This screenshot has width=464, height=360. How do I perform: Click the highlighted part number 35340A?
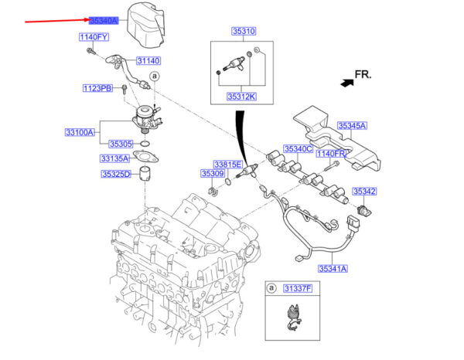click(x=104, y=21)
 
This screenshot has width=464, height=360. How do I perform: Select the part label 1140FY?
click(x=93, y=37)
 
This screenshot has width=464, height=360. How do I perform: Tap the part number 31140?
click(x=148, y=60)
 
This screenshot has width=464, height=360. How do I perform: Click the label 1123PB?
click(x=97, y=89)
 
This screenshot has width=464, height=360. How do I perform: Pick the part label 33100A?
click(x=79, y=133)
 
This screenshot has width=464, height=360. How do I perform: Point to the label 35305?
click(x=121, y=144)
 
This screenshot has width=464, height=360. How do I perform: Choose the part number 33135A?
click(x=114, y=158)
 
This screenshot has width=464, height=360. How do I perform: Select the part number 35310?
click(x=243, y=32)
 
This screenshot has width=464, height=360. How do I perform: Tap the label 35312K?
click(x=242, y=97)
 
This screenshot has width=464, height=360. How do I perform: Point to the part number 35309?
click(x=213, y=175)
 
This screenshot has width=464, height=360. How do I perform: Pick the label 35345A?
click(x=352, y=125)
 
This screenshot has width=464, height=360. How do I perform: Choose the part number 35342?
click(x=364, y=191)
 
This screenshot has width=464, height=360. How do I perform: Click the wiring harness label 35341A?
click(x=332, y=269)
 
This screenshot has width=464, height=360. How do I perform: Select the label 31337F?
click(x=296, y=288)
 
